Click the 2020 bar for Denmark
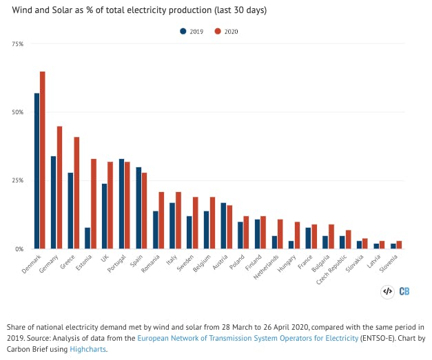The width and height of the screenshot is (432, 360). tap(43, 160)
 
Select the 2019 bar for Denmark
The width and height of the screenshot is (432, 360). tap(37, 171)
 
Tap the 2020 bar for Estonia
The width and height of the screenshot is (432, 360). tap(94, 204)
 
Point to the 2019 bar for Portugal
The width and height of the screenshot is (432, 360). tap(122, 204)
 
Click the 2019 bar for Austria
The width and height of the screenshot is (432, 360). tap(223, 226)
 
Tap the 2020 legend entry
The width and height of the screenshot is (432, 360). tap(231, 31)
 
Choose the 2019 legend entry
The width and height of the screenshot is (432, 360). tap(195, 31)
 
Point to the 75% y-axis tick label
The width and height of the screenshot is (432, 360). tap(17, 44)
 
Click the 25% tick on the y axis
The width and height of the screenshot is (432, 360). tap(17, 180)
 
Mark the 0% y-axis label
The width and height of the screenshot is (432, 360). tap(19, 248)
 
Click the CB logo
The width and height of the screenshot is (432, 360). tap(404, 291)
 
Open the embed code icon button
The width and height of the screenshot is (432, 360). tap(387, 291)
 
